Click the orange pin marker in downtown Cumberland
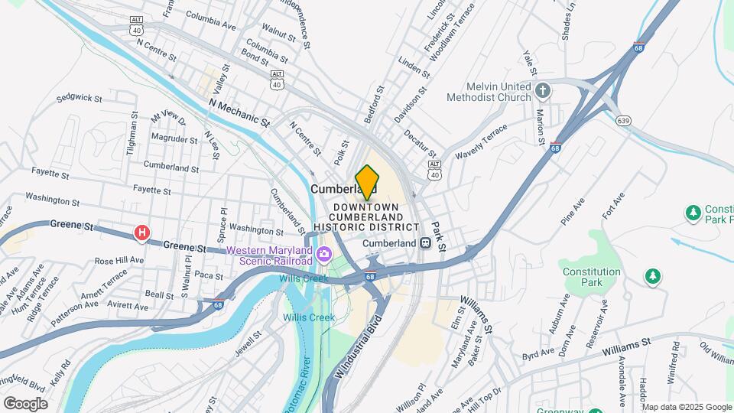[x=367, y=183]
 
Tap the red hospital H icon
[x=141, y=233]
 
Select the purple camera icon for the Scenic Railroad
[x=326, y=254]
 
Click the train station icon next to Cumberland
[x=426, y=242]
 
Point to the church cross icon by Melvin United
[x=543, y=92]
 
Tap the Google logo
[x=25, y=403]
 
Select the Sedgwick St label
[x=79, y=98]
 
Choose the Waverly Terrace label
[x=481, y=142]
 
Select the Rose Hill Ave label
[x=119, y=260]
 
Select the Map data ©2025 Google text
[x=687, y=406]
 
